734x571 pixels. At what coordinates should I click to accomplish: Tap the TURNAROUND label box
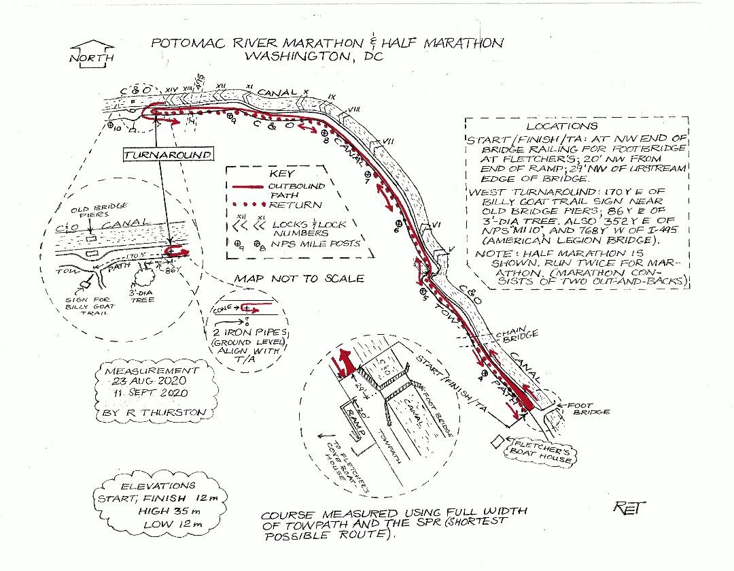[x=167, y=154]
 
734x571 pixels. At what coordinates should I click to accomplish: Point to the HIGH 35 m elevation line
[x=144, y=510]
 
